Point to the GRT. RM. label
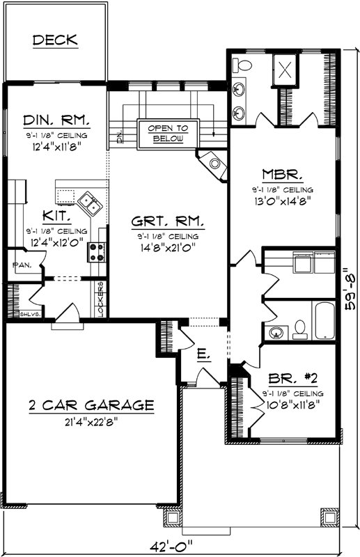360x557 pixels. [x=168, y=222]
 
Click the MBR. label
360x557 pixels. [x=282, y=174]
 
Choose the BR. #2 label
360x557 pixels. [x=293, y=380]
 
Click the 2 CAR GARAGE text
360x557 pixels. [x=91, y=405]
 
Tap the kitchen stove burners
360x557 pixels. [x=97, y=251]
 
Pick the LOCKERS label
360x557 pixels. [x=101, y=299]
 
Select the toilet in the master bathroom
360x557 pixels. [x=242, y=65]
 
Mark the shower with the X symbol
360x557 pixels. [x=286, y=69]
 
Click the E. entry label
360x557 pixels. [x=203, y=355]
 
